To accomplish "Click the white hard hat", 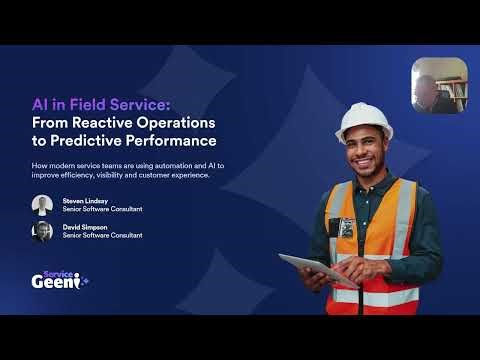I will tap(363, 122).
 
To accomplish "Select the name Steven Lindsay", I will tap(85, 200).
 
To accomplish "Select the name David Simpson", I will tap(84, 227).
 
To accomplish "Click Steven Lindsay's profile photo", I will tap(42, 204).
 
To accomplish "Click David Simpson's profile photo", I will tap(42, 231).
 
